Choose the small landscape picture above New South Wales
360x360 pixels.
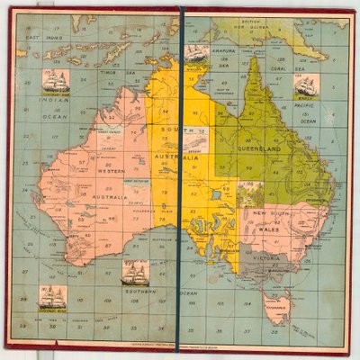[253, 193]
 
